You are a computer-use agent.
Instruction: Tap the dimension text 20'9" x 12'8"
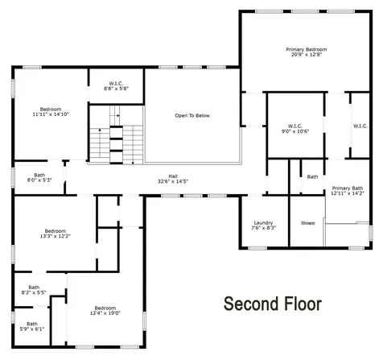[306, 56]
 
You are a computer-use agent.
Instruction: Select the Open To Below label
[191, 116]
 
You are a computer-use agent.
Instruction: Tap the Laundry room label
[264, 223]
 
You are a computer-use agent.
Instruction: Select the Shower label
[307, 223]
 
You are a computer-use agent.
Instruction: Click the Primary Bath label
[348, 188]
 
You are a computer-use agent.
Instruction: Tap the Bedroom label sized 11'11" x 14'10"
[51, 109]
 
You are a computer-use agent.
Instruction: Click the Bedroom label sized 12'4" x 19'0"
[105, 308]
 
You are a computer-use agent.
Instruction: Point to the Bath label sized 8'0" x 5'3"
[39, 176]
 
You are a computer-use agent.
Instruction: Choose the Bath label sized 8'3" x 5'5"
[34, 287]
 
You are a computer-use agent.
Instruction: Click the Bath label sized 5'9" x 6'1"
[33, 324]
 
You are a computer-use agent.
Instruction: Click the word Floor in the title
[301, 304]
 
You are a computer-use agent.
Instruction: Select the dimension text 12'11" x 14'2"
[348, 193]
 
